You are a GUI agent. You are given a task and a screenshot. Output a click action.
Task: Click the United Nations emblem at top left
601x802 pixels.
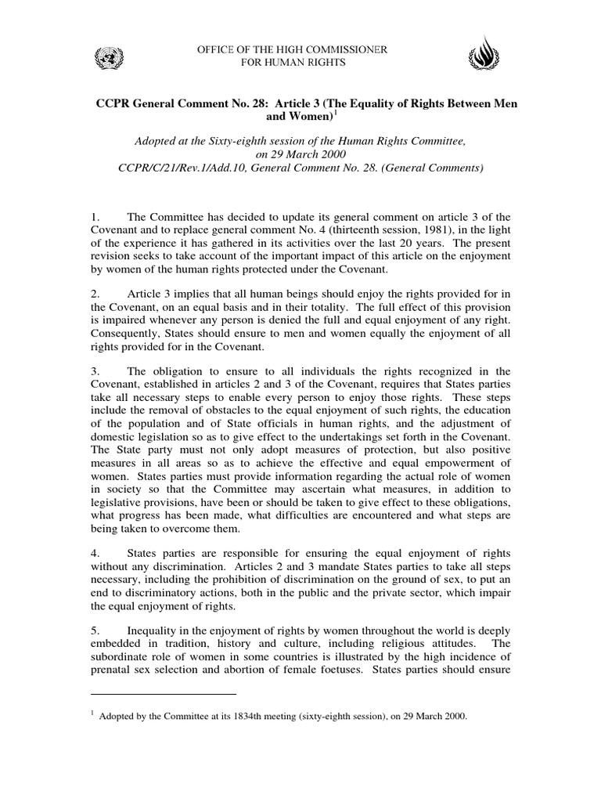coord(104,56)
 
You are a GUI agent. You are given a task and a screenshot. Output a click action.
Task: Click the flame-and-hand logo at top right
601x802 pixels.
coord(483,56)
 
